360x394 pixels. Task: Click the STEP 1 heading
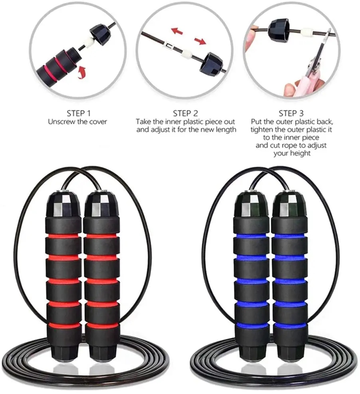(77, 113)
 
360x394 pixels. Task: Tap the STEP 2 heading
(185, 113)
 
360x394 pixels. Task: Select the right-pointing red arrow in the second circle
(200, 40)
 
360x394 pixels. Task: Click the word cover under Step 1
(98, 122)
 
